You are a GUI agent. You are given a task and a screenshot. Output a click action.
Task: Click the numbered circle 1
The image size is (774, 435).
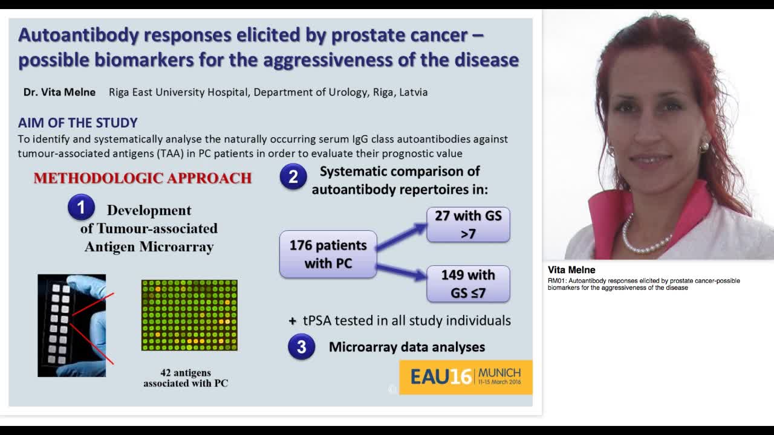point(81,207)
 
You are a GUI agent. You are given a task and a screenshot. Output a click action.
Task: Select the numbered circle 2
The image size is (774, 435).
point(293,176)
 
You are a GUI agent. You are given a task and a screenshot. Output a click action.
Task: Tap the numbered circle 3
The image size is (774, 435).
point(301,347)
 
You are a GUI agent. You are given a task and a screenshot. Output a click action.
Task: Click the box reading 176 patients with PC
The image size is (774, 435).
point(328,254)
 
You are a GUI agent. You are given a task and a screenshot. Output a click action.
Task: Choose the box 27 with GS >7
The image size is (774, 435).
point(468,224)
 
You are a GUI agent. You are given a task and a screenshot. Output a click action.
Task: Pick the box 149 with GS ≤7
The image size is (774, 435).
point(468,284)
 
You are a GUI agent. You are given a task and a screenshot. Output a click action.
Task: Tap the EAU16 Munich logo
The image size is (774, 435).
point(466,377)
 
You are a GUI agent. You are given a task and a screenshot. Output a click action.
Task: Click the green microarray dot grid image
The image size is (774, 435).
point(189,315)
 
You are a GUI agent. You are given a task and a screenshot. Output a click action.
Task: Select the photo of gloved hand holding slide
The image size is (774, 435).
point(71,325)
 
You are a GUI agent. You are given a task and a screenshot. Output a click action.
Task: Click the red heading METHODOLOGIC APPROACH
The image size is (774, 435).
point(143,178)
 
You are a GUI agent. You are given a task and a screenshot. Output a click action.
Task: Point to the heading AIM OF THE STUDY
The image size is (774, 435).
point(77,123)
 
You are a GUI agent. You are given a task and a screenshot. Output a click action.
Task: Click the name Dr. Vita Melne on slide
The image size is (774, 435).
point(59,92)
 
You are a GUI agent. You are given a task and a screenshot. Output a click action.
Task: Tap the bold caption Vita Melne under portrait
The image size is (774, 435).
point(571,270)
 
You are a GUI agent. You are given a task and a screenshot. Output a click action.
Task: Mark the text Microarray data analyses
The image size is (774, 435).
point(406,347)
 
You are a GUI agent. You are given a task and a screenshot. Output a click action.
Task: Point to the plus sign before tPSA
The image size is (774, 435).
point(293,321)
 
